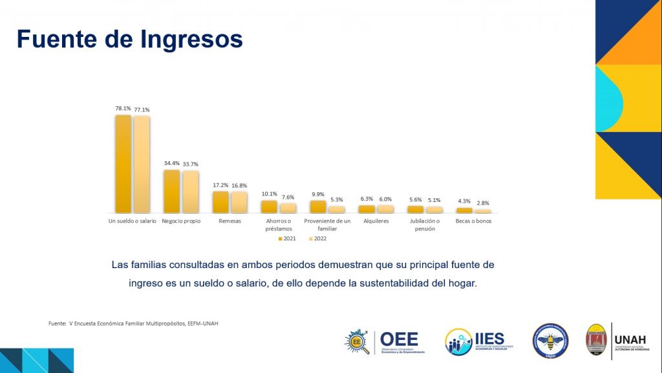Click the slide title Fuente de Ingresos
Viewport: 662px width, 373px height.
point(129,39)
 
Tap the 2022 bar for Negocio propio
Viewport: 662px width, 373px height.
point(191,192)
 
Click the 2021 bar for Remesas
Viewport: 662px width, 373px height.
point(220,202)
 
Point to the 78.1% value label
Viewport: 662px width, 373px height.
point(123,109)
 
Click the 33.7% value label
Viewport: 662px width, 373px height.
point(191,163)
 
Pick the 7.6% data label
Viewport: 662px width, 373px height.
point(288,197)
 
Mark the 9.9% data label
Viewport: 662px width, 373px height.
point(317,194)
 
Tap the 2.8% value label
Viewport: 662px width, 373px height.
point(483,203)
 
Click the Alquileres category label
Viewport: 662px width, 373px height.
point(376,221)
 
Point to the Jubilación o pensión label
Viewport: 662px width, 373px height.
point(425,225)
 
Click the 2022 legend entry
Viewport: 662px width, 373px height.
point(319,239)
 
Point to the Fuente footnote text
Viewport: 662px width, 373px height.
point(133,323)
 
